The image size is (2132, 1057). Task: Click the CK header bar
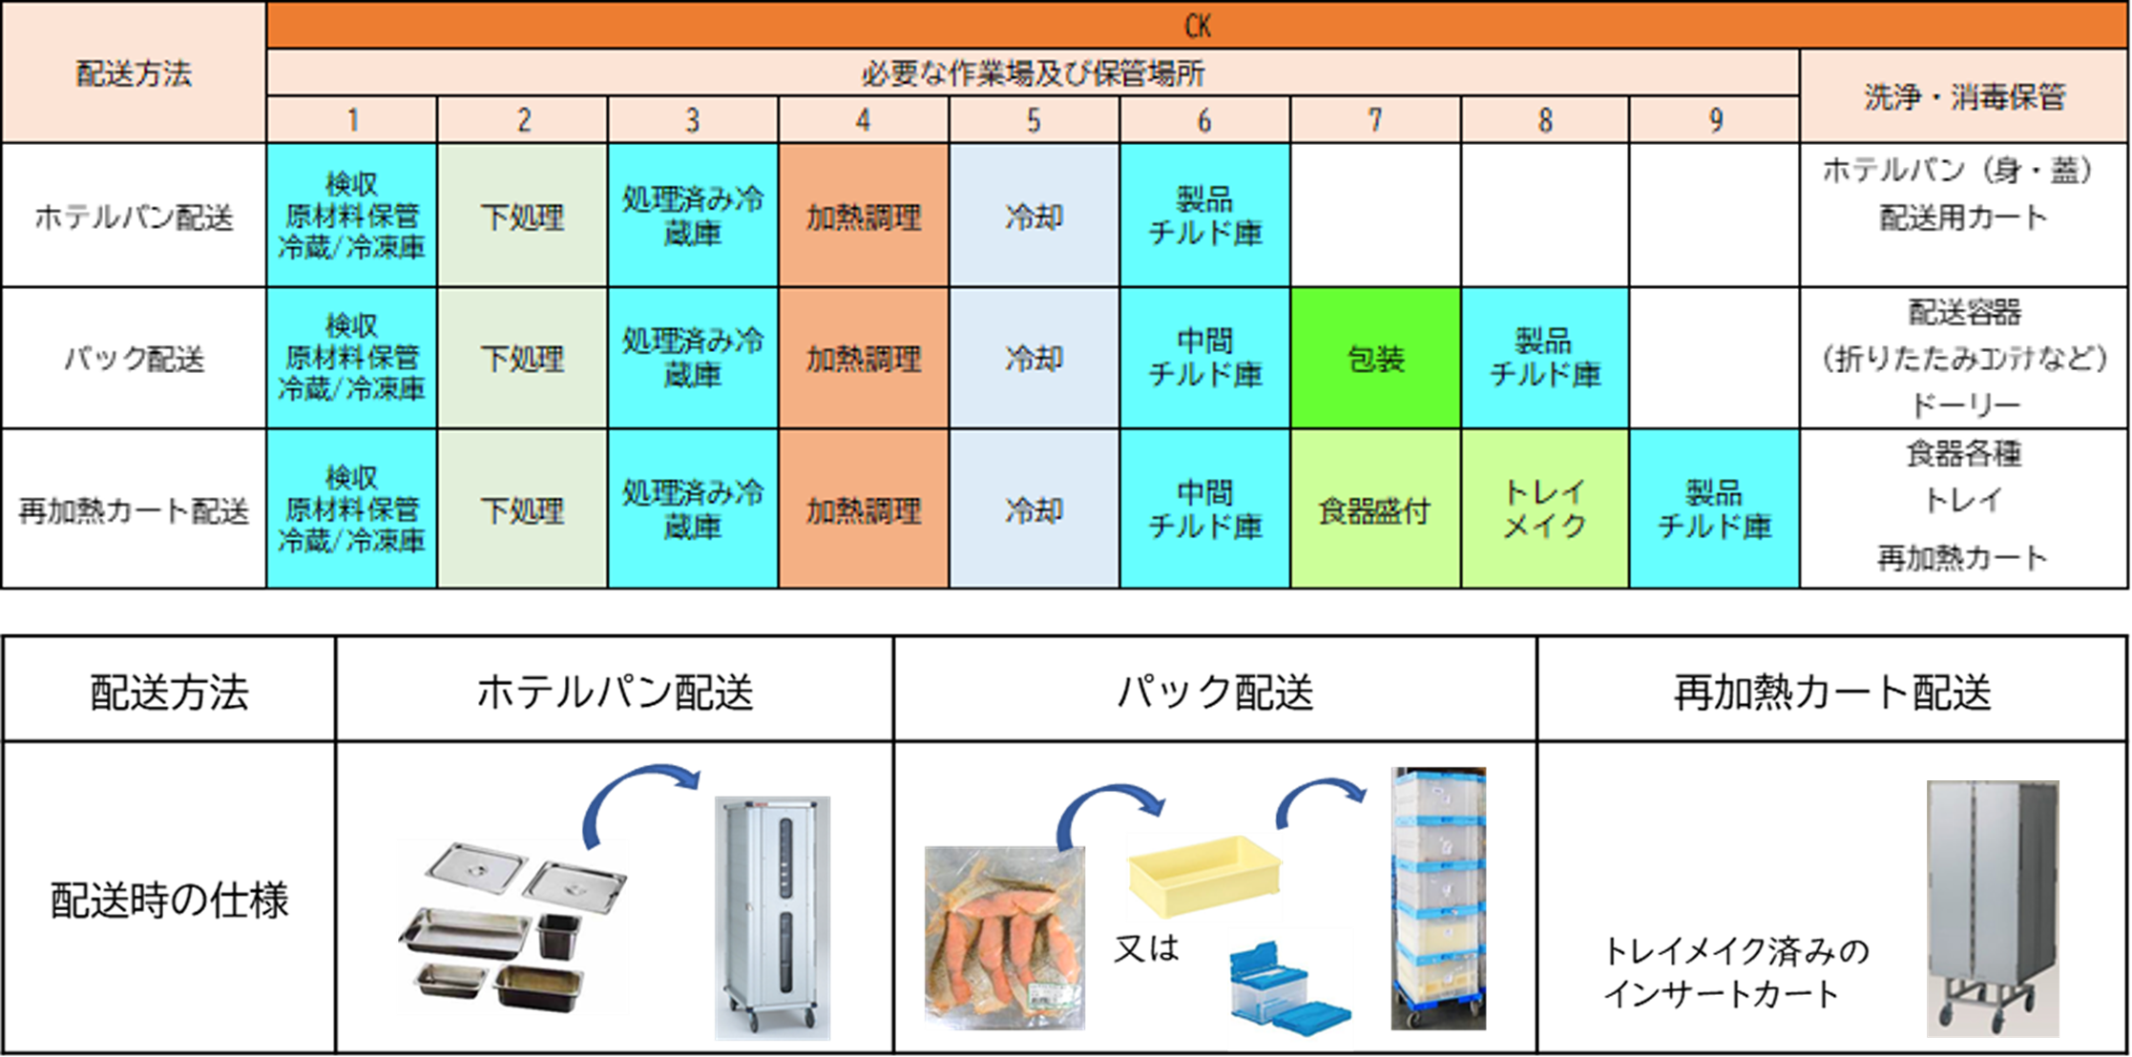click(x=1198, y=26)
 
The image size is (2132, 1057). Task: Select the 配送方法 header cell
click(x=134, y=73)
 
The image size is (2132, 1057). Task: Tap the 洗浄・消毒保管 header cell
click(x=1964, y=96)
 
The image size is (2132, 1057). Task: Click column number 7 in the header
click(x=1374, y=120)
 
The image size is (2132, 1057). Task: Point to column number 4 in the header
click(x=863, y=120)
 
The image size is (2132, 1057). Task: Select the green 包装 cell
click(x=1374, y=359)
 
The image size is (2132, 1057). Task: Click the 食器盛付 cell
click(x=1374, y=509)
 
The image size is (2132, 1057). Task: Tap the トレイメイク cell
click(x=1544, y=509)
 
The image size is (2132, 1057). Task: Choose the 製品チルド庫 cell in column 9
click(x=1714, y=509)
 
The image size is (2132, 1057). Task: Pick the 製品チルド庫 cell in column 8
click(x=1544, y=359)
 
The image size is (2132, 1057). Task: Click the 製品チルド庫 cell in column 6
click(x=1204, y=216)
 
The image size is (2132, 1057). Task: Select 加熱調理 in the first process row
click(x=863, y=216)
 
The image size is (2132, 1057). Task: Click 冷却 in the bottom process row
click(x=1034, y=509)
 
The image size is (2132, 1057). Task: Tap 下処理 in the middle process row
click(x=522, y=359)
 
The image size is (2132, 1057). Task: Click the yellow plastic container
click(x=1204, y=875)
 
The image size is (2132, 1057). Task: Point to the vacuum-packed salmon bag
click(x=1003, y=939)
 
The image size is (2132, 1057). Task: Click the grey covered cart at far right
click(x=1993, y=906)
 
